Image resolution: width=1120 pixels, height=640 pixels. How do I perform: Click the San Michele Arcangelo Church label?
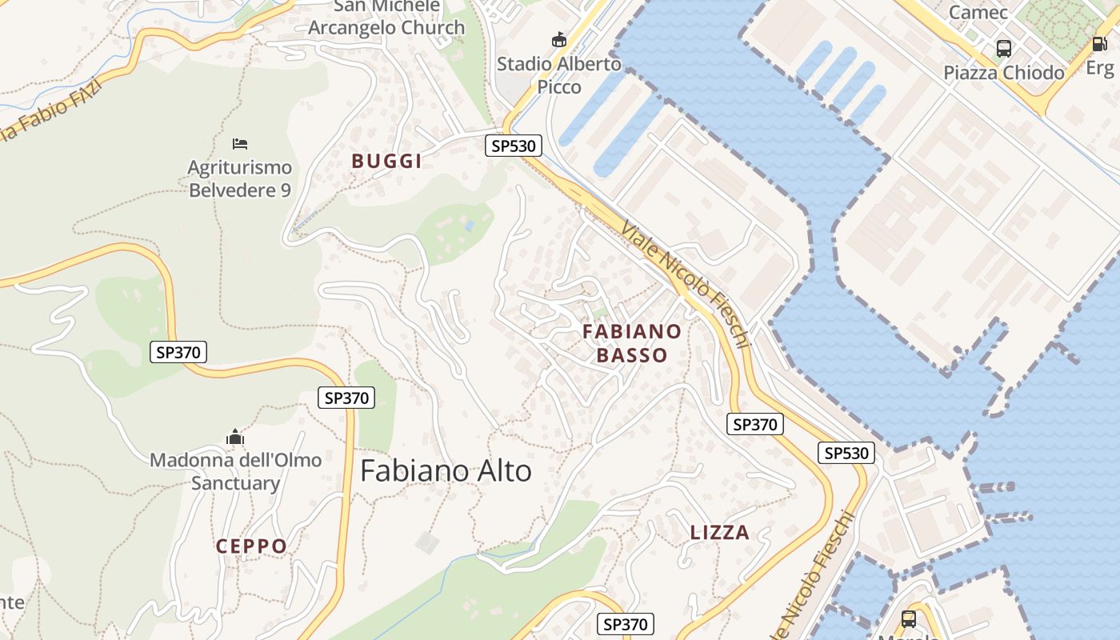pos(386,18)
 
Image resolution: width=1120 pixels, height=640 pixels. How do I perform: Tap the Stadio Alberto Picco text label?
pos(559,74)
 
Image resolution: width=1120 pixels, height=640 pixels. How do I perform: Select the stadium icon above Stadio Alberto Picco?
pos(559,39)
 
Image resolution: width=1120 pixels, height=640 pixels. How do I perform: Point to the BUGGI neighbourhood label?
pos(386,161)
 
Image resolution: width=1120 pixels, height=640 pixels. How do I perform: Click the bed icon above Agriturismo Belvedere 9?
pos(240,144)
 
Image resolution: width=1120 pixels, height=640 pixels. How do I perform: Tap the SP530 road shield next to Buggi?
pos(514,146)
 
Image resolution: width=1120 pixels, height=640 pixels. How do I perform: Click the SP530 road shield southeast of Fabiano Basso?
pos(846,453)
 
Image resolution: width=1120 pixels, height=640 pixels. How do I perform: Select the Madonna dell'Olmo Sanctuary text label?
pos(235,471)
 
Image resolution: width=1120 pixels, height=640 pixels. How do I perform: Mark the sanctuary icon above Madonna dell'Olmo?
pos(234,437)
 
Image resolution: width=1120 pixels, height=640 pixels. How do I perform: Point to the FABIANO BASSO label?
pos(632,343)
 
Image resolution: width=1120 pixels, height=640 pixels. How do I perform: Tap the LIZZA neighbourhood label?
pos(720,533)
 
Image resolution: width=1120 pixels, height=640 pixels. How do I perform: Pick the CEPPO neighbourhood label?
pos(251,546)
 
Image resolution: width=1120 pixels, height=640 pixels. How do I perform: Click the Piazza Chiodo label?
pos(1004,73)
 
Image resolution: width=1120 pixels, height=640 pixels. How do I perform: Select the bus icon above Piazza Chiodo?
pos(1004,49)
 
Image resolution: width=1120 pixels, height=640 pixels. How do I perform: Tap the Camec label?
pos(978,12)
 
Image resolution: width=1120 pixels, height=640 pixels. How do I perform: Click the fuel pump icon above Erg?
pos(1101,44)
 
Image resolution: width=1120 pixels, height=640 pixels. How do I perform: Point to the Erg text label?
pos(1099,68)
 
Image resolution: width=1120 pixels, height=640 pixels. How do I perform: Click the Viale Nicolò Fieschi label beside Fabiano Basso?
pos(686,284)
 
